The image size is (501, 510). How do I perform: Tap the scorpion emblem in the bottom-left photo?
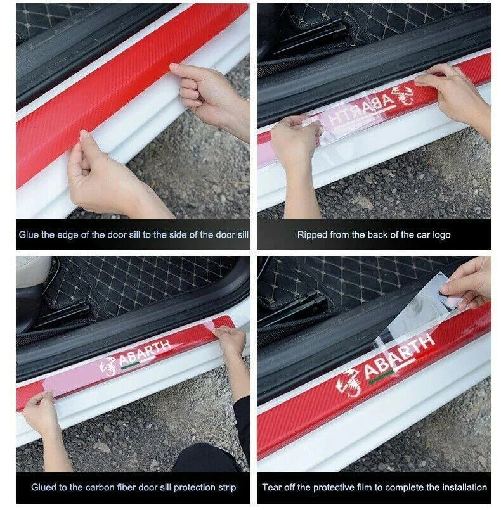[x=108, y=367]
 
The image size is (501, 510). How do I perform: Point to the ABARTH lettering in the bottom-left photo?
[x=145, y=353]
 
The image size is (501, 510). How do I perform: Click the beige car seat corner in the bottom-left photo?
[x=32, y=272]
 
